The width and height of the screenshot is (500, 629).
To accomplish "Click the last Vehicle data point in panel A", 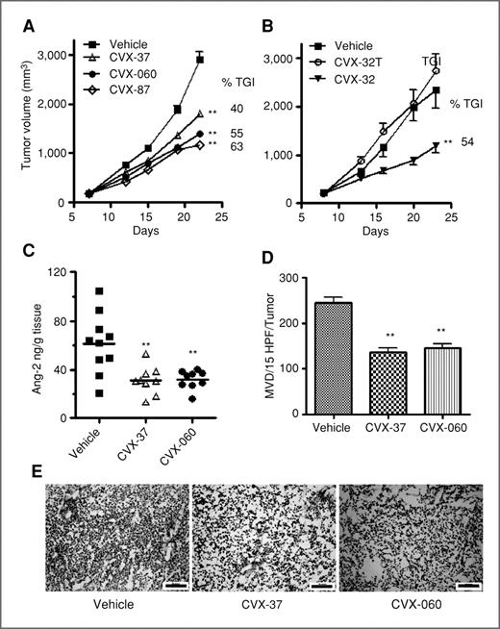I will pyautogui.click(x=200, y=60).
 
